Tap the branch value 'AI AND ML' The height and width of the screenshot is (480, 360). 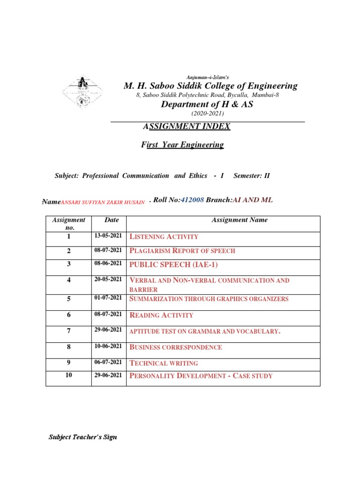tap(253, 200)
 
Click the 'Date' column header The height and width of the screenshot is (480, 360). tap(112, 220)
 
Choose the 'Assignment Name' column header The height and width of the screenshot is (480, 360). tap(240, 220)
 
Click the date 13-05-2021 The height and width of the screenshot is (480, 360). tap(108, 236)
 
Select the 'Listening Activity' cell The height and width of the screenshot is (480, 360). tap(164, 237)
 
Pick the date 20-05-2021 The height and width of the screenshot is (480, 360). tap(108, 280)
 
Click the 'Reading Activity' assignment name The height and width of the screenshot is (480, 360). tap(161, 315)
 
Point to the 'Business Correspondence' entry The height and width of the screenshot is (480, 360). tap(175, 347)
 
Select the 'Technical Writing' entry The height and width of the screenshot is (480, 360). tap(163, 363)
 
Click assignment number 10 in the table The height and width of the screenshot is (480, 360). tap(69, 375)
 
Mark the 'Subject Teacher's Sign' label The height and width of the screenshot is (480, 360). tap(83, 437)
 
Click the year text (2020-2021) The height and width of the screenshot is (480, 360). tap(207, 114)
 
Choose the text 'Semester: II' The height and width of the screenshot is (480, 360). tap(252, 176)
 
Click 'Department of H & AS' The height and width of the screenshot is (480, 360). tap(207, 105)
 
